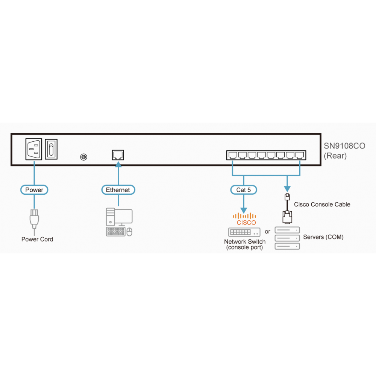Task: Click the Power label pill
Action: click(x=34, y=190)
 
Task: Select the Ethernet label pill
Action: click(x=118, y=190)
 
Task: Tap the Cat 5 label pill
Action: click(x=244, y=190)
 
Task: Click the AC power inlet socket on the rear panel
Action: click(x=34, y=149)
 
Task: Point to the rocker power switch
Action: click(x=51, y=149)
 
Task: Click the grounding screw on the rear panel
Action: click(x=84, y=157)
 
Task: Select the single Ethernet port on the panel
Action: click(x=118, y=155)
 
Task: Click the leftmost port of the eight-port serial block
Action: click(x=233, y=155)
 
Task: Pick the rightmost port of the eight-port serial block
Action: click(x=300, y=155)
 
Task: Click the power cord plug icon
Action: click(x=34, y=219)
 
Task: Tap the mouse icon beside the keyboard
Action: click(x=129, y=232)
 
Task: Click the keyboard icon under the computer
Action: click(x=116, y=232)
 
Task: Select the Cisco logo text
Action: click(x=246, y=223)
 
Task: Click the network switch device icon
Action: click(x=244, y=232)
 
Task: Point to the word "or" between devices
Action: click(x=267, y=232)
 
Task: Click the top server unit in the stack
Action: click(x=287, y=230)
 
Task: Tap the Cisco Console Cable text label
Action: click(x=322, y=204)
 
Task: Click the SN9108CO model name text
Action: click(x=344, y=146)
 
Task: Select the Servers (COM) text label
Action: click(x=323, y=237)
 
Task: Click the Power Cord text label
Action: click(x=37, y=239)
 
